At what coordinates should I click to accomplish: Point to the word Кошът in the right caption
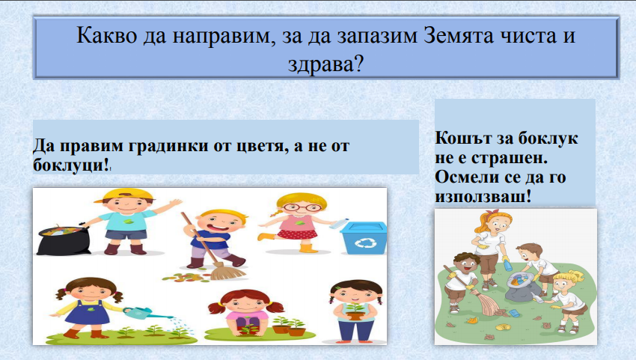coord(458,139)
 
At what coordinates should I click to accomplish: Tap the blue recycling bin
coord(364,237)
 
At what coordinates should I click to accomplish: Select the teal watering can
coord(138,310)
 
